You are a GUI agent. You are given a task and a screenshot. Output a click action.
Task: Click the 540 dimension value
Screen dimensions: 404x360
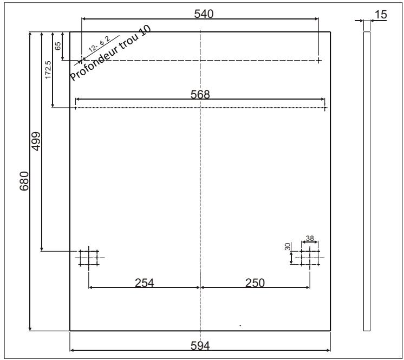click(x=204, y=14)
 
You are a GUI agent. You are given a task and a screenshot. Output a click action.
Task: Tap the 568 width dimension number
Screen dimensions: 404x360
click(x=200, y=95)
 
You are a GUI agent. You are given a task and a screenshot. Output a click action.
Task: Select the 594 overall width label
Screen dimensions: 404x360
click(x=200, y=345)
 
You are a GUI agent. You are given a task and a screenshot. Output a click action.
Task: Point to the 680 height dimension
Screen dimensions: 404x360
click(x=24, y=181)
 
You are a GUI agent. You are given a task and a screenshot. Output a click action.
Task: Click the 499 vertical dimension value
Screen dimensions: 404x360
click(x=36, y=141)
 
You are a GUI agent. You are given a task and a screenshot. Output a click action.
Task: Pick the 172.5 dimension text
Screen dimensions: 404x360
click(x=48, y=69)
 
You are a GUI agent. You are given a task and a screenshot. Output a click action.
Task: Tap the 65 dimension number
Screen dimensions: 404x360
click(x=58, y=46)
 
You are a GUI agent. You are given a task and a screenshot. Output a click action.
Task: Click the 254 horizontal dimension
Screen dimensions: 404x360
click(x=144, y=283)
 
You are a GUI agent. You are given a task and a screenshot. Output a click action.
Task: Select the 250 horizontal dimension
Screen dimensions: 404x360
click(x=255, y=283)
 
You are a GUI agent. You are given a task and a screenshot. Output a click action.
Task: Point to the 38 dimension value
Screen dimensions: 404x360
click(x=310, y=238)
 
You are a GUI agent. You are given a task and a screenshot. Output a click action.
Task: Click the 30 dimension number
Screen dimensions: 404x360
click(x=288, y=246)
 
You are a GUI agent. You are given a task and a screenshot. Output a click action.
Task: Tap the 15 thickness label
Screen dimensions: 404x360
click(x=381, y=15)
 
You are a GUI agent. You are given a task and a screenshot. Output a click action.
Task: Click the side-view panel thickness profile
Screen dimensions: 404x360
click(x=367, y=181)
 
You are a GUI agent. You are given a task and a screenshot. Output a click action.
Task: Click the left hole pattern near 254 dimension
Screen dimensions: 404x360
click(x=89, y=258)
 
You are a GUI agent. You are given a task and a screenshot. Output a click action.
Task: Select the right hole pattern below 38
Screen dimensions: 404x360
click(x=310, y=258)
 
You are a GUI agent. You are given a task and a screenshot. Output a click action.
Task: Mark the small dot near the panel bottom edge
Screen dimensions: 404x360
click(x=240, y=326)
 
